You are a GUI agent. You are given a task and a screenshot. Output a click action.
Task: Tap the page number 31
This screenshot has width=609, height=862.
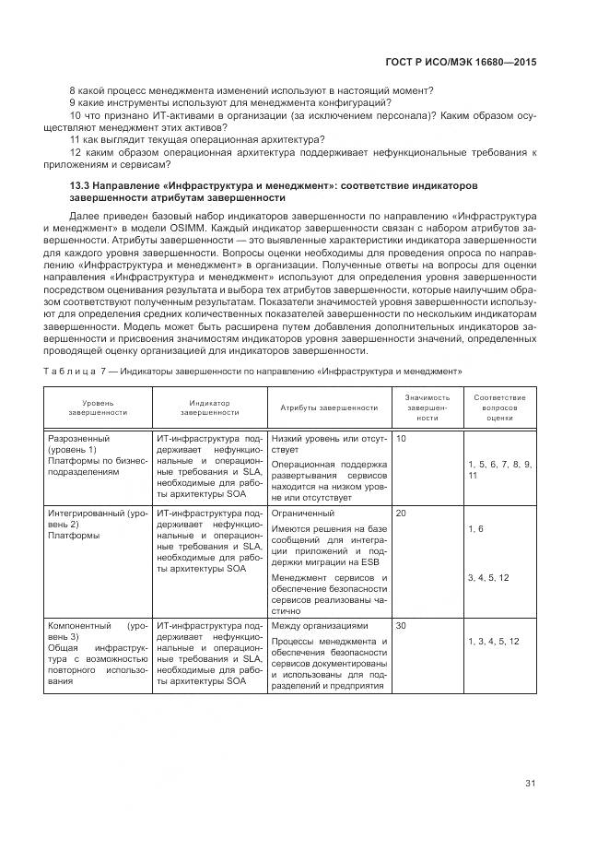pos(531,784)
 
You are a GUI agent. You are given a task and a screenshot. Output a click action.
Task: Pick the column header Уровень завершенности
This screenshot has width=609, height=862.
pos(98,407)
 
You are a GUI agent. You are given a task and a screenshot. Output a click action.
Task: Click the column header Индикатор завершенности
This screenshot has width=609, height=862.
pos(209,407)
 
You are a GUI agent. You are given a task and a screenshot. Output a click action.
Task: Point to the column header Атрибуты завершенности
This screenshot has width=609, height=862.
pos(322,407)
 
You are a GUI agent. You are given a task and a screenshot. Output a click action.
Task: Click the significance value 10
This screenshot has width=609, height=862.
pos(401,439)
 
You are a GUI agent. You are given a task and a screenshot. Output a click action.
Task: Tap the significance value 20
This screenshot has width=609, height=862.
pos(401,513)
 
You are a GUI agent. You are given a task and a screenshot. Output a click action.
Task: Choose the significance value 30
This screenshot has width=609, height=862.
pos(401,625)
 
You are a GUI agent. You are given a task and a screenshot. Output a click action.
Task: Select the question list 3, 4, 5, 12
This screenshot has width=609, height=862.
pos(487,577)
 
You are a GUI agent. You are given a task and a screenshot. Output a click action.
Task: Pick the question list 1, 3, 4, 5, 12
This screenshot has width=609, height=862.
pos(493,641)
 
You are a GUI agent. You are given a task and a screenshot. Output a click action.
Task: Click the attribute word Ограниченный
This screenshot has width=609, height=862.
pos(303,513)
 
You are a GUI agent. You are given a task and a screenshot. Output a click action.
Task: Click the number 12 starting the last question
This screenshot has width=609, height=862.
pos(76,152)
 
